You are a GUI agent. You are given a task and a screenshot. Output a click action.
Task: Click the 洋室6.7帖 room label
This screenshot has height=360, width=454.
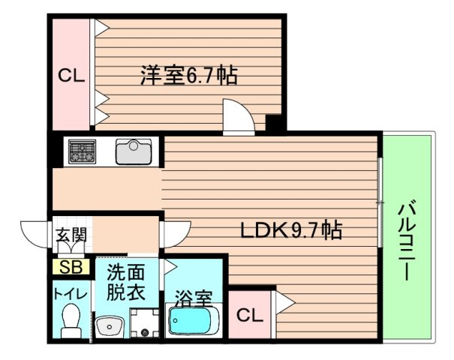(189, 76)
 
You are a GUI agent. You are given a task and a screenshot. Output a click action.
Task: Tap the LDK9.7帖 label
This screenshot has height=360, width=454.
(291, 231)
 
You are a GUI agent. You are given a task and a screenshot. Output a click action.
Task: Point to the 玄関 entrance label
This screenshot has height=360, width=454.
(71, 235)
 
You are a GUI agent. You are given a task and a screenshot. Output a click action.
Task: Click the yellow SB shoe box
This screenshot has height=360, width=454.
(71, 266)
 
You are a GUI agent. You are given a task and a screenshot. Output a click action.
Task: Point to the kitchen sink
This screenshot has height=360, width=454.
(134, 151)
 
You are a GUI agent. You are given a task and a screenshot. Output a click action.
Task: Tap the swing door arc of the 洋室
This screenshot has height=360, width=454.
(239, 119)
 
